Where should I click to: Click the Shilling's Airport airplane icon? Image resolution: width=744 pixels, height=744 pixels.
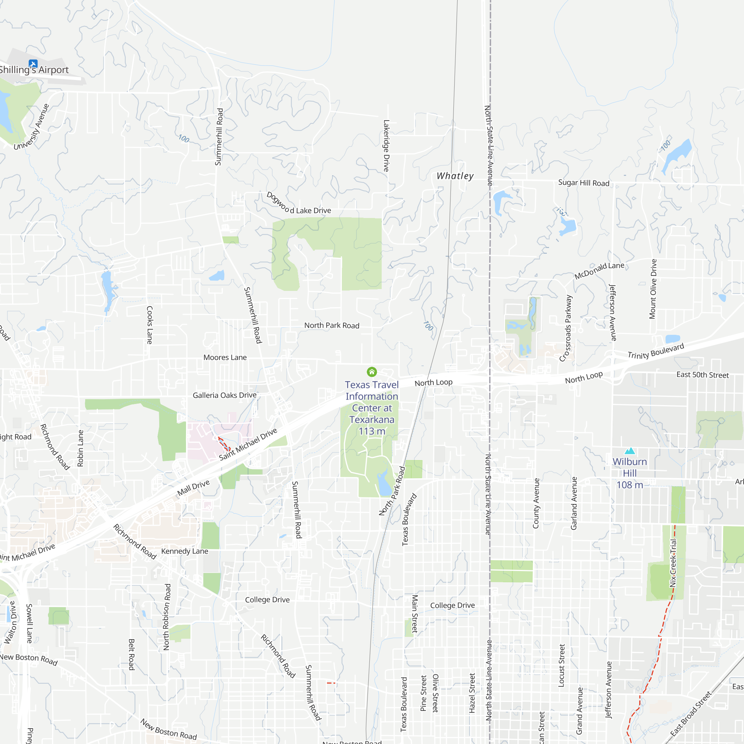[x=33, y=64]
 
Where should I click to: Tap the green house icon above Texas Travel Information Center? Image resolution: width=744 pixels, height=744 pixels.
[x=372, y=372]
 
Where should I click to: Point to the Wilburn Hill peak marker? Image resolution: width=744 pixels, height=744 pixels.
[x=630, y=450]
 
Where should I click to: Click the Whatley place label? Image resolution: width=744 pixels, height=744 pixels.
[x=455, y=176]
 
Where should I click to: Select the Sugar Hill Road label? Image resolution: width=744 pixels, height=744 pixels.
[x=584, y=183]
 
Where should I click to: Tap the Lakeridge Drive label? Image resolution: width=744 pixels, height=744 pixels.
[x=386, y=145]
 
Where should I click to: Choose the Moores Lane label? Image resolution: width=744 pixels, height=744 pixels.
[x=225, y=357]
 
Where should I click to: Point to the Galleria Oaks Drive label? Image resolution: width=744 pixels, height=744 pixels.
[x=225, y=395]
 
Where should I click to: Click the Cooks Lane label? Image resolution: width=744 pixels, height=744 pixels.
[x=150, y=325]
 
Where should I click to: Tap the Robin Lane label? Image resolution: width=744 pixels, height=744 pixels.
[x=80, y=448]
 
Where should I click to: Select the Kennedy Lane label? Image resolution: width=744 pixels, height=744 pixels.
[x=185, y=551]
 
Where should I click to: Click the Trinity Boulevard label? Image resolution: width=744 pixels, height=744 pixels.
[x=656, y=351]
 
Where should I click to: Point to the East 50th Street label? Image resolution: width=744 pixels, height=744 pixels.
[x=702, y=375]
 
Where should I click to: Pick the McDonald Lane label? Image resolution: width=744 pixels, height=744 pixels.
[x=599, y=270]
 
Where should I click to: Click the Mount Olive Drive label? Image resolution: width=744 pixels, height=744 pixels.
[x=653, y=289]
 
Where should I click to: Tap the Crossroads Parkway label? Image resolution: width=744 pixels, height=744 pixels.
[x=566, y=328]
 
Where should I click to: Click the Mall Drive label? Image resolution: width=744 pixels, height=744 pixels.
[x=193, y=488]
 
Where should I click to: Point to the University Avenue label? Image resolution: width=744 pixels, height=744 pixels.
[x=32, y=127]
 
